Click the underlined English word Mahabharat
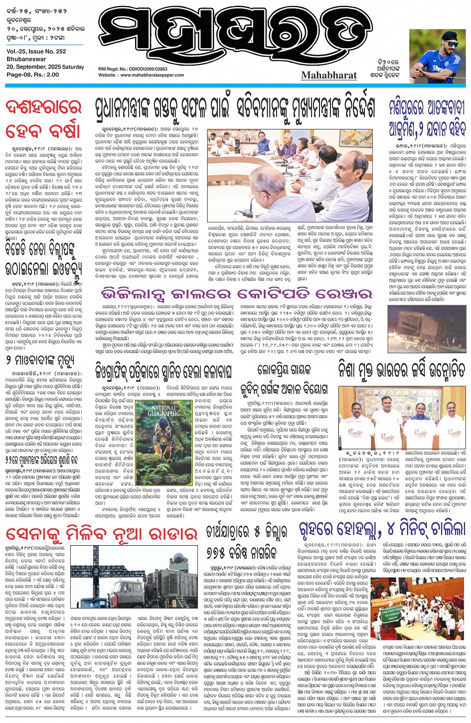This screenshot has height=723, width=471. coord(329,75)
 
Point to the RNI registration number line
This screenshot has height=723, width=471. coord(133,69)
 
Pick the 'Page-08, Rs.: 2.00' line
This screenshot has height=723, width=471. coord(33,75)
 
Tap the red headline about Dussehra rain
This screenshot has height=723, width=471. coord(43,120)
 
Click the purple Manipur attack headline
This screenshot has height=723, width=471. coord(427,118)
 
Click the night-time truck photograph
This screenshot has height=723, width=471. coord(427,329)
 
